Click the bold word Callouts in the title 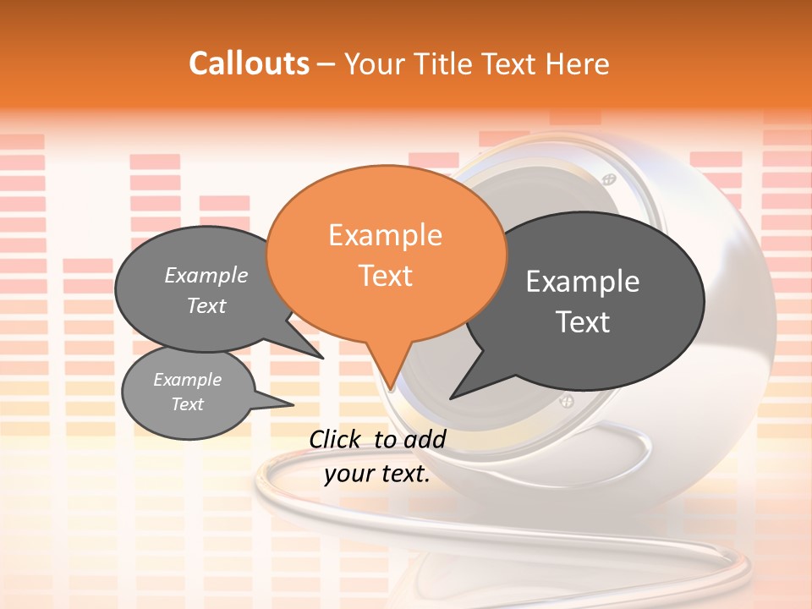(249, 63)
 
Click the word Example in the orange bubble (385, 235)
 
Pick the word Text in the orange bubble (385, 276)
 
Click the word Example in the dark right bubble (583, 282)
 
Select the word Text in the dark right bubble (583, 322)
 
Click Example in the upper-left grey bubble (206, 276)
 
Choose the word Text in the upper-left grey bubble (206, 306)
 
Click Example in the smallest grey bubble (187, 380)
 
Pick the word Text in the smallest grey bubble (187, 404)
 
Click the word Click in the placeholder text (335, 439)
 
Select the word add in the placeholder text (425, 439)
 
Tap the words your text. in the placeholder (377, 475)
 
